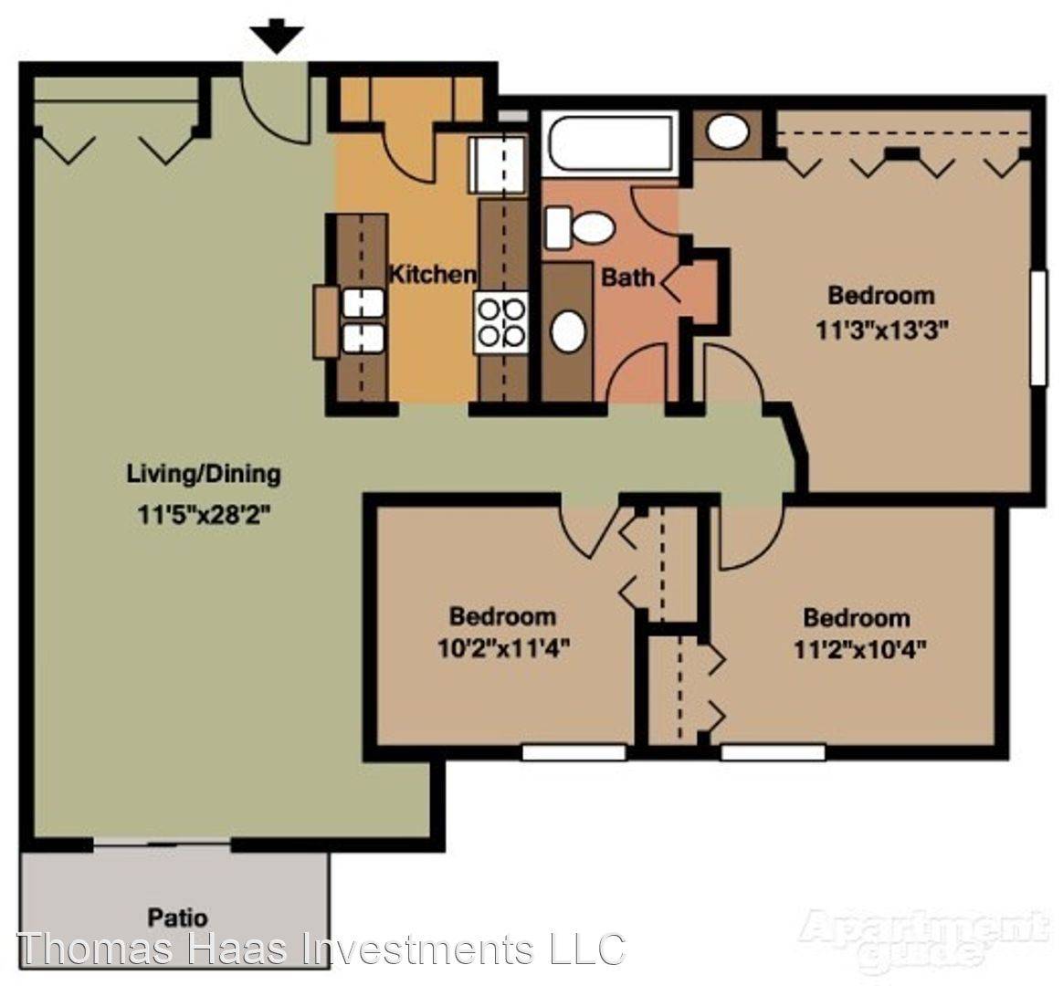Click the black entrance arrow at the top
coord(277,37)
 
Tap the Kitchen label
coord(432,274)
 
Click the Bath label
coord(628,277)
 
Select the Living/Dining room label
coord(204,473)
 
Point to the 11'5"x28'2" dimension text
coord(204,514)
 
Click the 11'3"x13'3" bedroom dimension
coord(880,330)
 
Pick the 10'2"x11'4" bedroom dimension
coord(502,649)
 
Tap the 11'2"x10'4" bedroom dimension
coord(859,651)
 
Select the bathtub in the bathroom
coord(610,143)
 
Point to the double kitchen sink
coord(363,320)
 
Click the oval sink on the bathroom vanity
coord(568,331)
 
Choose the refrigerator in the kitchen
coord(497,164)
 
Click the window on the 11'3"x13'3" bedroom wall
coord(1038,329)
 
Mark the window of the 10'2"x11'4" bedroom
coord(574,752)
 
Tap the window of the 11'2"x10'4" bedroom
coord(773,752)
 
